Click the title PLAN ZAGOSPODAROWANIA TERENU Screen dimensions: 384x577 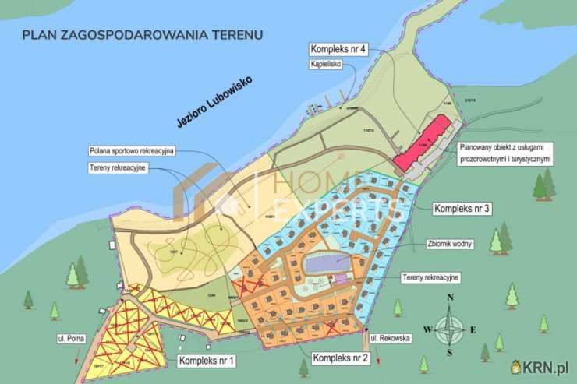pos(143,34)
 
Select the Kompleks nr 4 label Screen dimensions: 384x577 pos(338,50)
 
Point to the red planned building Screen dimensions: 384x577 pos(423,143)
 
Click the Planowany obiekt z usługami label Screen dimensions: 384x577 pos(505,153)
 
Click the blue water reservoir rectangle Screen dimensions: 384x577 pos(326,263)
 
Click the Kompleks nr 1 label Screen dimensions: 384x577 pos(206,361)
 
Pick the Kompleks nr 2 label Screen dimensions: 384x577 pos(340,358)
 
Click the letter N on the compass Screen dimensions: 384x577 pos(450,298)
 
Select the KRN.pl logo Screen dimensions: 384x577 pos(540,366)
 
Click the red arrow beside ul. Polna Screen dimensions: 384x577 pos(76,358)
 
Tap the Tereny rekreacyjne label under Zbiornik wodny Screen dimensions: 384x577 pos(431,277)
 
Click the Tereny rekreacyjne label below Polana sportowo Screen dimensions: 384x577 pos(119,168)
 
